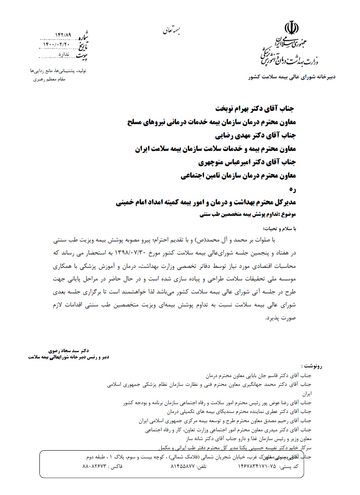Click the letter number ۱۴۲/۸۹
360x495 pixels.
63,35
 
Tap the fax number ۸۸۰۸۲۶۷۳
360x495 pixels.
95,467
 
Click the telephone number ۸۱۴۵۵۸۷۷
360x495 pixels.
183,467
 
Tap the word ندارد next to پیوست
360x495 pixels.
63,55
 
